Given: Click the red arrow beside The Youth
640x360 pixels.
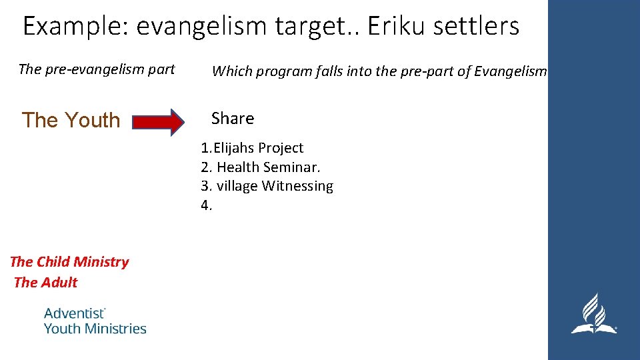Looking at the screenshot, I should tap(158, 122).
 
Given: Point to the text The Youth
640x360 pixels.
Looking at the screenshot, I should tap(71, 120).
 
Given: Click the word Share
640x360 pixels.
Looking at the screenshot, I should tap(233, 119).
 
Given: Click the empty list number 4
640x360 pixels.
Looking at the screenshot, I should tap(206, 205).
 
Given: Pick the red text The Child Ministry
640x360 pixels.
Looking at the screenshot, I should tap(69, 262).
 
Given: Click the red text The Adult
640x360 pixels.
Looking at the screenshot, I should tap(45, 283).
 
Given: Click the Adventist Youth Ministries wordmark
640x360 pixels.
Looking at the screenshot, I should tap(95, 321).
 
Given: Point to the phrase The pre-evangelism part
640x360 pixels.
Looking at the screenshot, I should tap(97, 69).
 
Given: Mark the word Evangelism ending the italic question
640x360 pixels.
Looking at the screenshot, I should tap(510, 72).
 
